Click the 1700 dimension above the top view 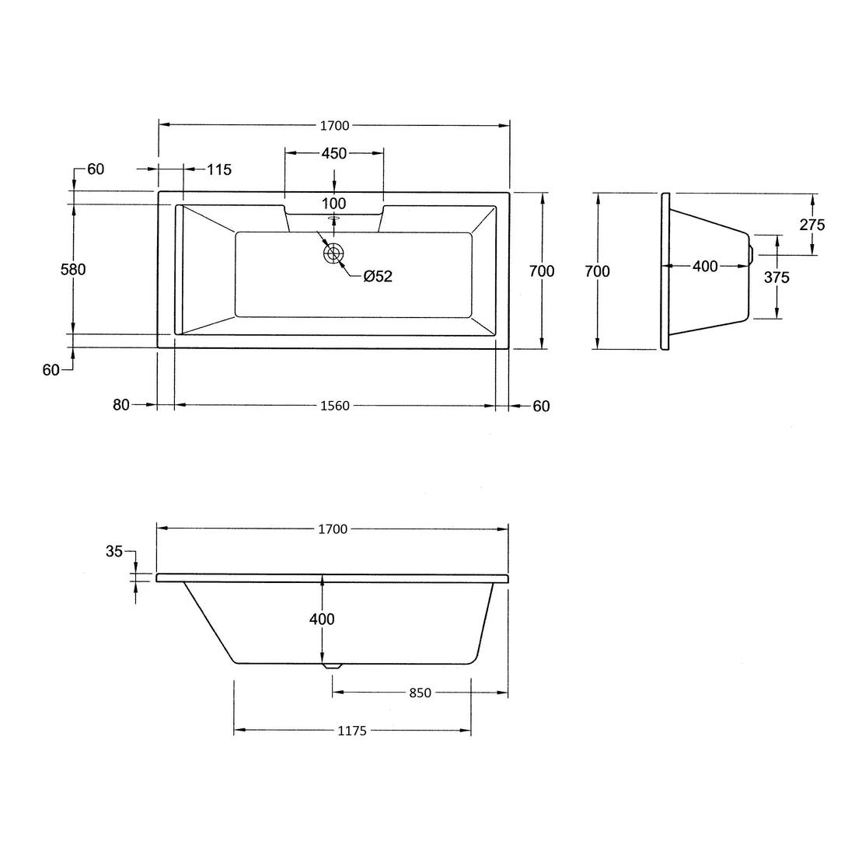pos(334,125)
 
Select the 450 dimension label pos(334,154)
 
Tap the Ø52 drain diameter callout pos(378,277)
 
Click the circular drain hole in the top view pos(334,253)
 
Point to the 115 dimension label pos(220,169)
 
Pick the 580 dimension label pos(73,270)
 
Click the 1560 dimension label pos(334,406)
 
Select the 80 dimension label pos(120,405)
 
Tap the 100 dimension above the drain pos(334,204)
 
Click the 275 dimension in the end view pos(811,225)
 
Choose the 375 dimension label pos(776,277)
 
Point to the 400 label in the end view pos(705,267)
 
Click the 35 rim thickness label pos(114,551)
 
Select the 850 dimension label pos(419,693)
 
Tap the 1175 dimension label pos(352,731)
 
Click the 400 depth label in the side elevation pos(322,619)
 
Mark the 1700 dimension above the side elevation pos(333,529)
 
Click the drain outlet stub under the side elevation pos(333,666)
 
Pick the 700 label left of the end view pos(597,271)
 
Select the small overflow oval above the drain pos(334,219)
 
